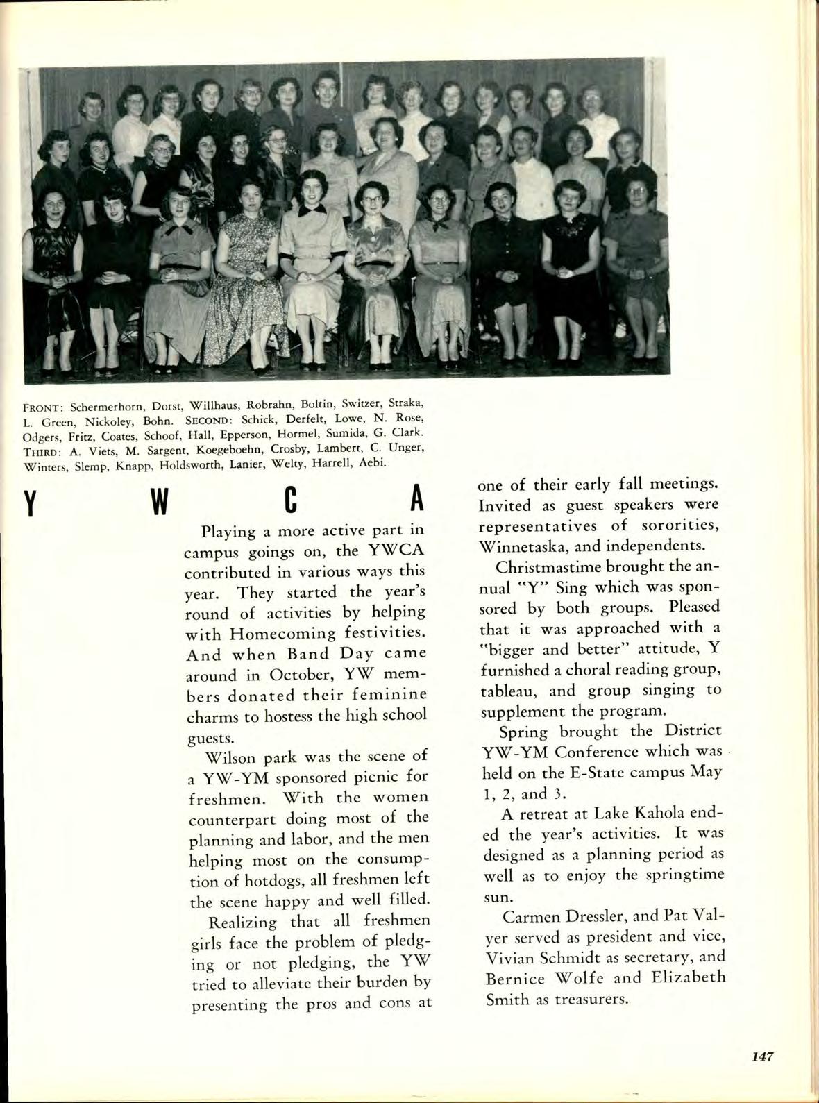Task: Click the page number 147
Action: pyautogui.click(x=761, y=1056)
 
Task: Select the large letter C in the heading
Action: pyautogui.click(x=290, y=501)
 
